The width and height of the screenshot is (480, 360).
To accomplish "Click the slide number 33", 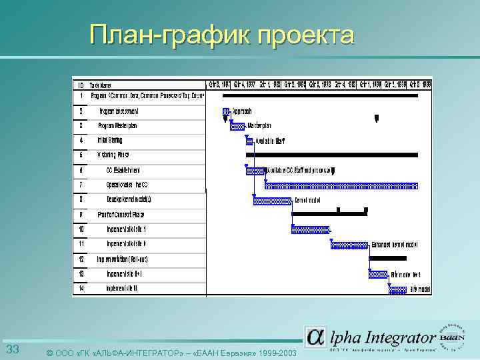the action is (x=13, y=350).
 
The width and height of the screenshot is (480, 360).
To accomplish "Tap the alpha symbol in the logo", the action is (x=316, y=337).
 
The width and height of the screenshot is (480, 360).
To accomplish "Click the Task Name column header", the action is (x=102, y=85).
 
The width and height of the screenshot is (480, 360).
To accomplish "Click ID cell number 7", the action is (x=81, y=185).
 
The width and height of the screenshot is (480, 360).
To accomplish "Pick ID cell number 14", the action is (x=81, y=289).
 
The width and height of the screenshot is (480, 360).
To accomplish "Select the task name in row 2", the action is (x=119, y=111).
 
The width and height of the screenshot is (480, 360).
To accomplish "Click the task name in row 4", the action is (x=110, y=140).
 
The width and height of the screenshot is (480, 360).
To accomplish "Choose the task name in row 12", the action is (x=122, y=259).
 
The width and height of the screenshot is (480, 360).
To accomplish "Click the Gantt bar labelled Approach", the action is (x=227, y=111).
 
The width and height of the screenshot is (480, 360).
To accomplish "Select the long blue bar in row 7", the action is (x=340, y=185).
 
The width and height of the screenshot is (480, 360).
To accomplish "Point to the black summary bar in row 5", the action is (x=329, y=155).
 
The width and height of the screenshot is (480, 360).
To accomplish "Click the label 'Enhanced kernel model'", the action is (x=395, y=244).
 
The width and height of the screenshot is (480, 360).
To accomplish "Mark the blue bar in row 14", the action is (x=398, y=289).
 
